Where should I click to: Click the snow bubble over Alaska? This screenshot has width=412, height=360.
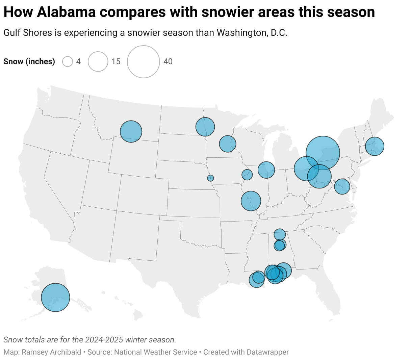tap(55, 297)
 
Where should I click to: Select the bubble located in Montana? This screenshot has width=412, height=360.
tap(131, 131)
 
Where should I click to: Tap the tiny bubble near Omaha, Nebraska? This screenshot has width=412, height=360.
tap(210, 178)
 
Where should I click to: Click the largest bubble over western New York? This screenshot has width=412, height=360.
tap(323, 153)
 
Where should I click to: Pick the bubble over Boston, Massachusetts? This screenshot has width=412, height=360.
tap(375, 146)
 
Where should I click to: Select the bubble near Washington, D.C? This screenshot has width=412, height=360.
tap(342, 186)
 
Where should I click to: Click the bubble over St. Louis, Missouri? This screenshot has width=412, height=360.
tap(251, 201)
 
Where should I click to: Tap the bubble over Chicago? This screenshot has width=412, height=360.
tap(266, 170)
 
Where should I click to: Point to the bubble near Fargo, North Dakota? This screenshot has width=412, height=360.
tap(205, 127)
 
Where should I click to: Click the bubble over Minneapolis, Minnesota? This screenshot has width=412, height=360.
tap(227, 144)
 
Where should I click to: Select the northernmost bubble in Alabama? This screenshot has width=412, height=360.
tap(280, 234)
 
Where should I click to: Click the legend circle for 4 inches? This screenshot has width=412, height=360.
tap(68, 61)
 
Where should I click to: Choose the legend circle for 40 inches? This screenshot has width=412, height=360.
tap(143, 61)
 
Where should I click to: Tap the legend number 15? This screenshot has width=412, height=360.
tap(116, 61)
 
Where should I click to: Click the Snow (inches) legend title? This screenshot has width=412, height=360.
tap(29, 61)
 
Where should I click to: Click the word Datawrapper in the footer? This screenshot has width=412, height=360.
tap(267, 352)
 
